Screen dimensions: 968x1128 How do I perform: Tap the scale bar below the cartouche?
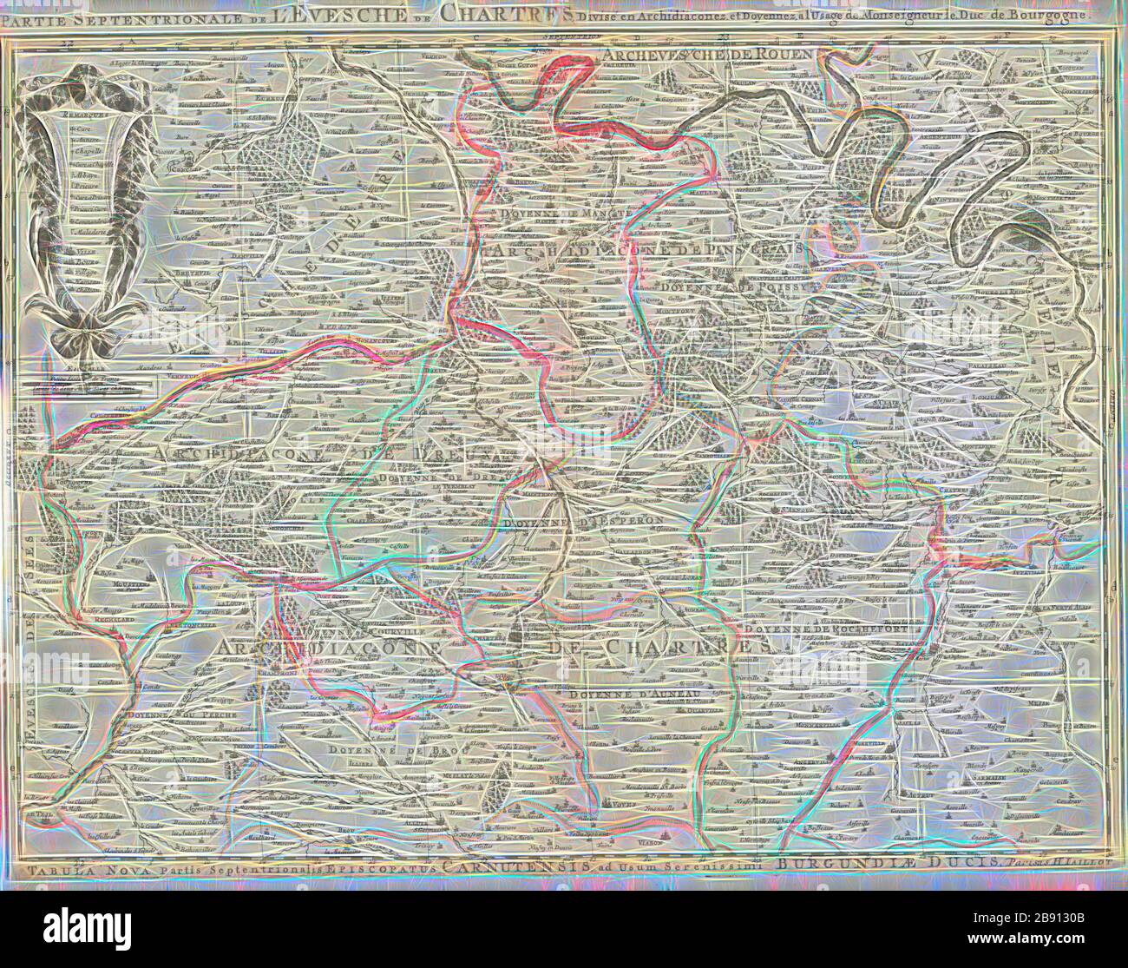82,379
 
